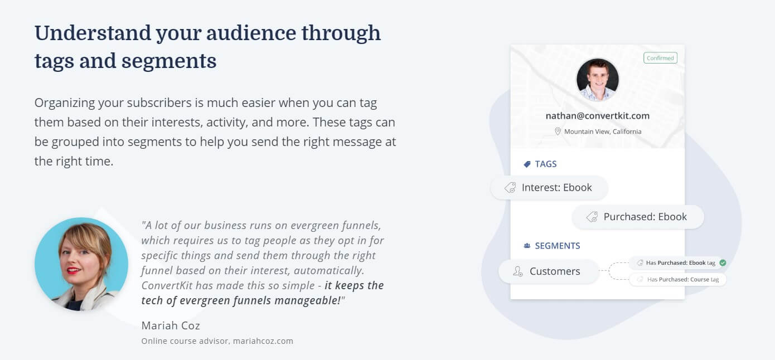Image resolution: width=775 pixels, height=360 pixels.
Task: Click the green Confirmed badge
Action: point(660,58)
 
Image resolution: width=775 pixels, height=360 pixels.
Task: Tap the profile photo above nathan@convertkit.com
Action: point(598,80)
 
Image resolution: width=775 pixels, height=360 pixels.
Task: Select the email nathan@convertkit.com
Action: point(598,116)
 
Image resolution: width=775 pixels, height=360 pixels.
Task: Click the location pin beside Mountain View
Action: point(558,132)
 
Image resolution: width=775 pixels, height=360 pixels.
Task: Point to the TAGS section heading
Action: point(546,164)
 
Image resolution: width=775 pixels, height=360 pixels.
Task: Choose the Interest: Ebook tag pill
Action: point(549,187)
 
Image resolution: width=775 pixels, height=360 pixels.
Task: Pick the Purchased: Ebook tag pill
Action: point(638,217)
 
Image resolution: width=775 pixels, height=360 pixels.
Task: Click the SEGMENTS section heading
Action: point(558,246)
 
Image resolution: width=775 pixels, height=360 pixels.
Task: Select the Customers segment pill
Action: point(549,271)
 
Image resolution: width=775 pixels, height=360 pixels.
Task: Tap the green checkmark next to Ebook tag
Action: point(723,263)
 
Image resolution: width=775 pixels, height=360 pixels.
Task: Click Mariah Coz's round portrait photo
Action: point(81,264)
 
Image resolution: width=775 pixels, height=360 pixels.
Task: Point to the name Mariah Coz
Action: point(171,325)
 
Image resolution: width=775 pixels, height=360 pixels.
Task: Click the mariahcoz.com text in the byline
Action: point(263,341)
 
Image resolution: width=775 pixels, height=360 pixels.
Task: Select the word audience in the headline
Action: point(251,33)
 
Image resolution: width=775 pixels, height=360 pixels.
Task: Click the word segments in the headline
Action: point(169,61)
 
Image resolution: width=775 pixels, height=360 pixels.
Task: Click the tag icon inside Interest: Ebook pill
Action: point(510,187)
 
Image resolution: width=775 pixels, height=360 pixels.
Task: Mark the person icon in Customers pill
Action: point(517,271)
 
